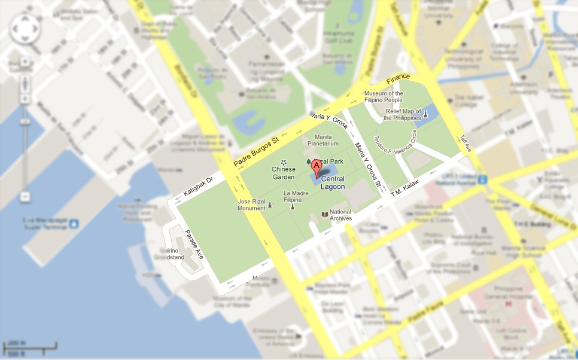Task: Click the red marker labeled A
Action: [x=317, y=170]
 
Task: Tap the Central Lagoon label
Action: [x=333, y=183]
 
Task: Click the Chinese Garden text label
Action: [x=283, y=173]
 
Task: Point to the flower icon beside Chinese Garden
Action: [x=283, y=161]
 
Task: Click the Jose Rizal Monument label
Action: [x=251, y=205]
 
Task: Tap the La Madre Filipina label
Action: [x=296, y=196]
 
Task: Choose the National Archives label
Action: [x=340, y=215]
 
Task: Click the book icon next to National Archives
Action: [x=325, y=214]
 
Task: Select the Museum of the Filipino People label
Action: [x=384, y=97]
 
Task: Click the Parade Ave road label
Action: [x=194, y=244]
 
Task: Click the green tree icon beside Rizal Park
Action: [x=309, y=161]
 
